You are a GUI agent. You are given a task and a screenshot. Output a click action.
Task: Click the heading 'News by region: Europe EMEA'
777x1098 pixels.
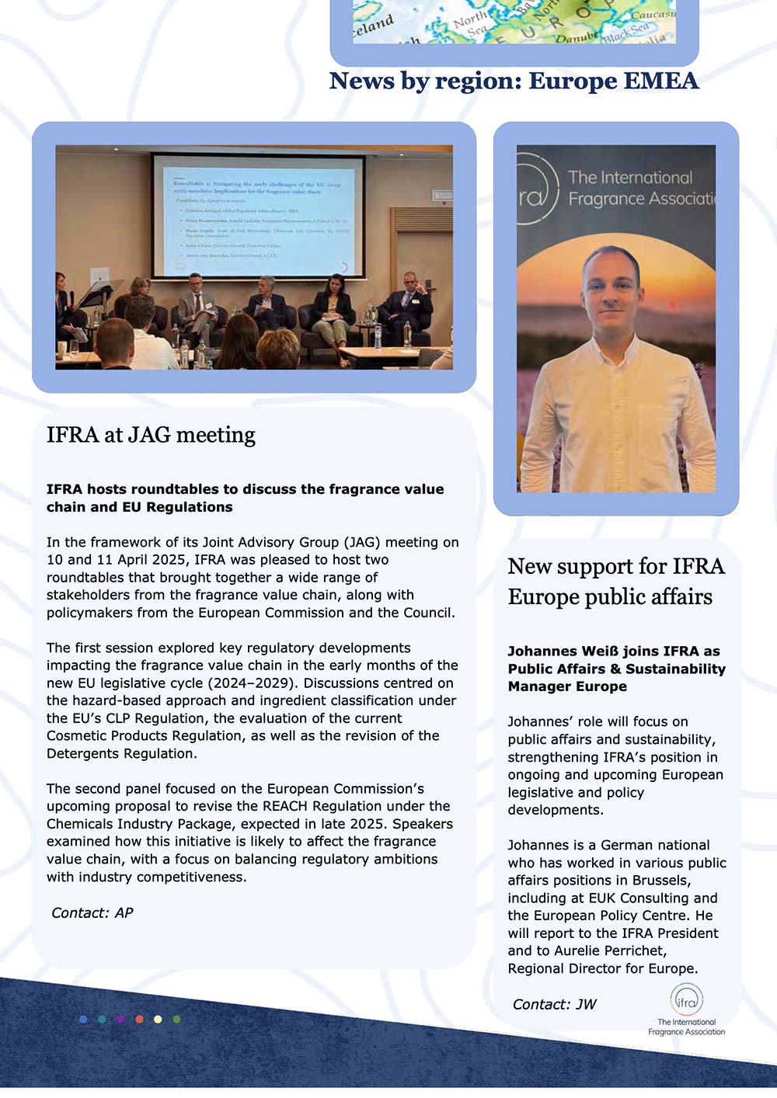(514, 81)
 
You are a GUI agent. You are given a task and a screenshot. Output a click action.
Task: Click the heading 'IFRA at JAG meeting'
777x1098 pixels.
(151, 435)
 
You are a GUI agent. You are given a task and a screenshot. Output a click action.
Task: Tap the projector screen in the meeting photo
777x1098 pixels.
(259, 215)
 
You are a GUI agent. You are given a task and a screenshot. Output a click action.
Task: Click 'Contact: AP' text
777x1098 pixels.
(92, 913)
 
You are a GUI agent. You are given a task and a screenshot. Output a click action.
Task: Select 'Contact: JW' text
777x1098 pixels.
(554, 1005)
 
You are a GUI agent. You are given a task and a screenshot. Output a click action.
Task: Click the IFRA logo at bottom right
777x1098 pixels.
(686, 1008)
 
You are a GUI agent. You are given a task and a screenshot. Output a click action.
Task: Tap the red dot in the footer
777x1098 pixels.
(139, 1019)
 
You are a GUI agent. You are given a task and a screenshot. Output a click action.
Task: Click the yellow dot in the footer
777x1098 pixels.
(158, 1019)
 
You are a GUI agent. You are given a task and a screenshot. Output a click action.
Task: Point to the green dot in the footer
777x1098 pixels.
(176, 1019)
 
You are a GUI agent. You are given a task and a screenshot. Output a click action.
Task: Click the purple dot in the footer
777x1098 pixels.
(120, 1019)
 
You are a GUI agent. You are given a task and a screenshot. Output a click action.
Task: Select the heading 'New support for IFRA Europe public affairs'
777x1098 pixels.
(615, 582)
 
